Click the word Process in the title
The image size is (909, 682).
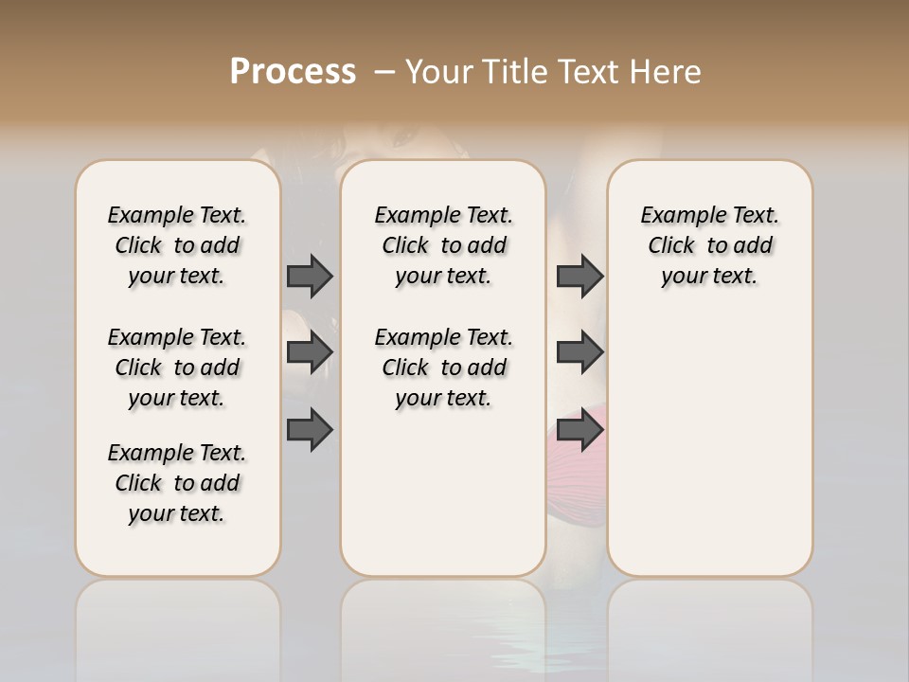[x=293, y=71]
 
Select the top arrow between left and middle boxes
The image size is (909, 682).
[x=310, y=276]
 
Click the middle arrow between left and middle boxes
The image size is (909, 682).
[x=310, y=352]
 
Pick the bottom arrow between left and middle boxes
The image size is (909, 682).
[x=310, y=430]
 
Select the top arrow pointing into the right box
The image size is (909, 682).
[x=579, y=276]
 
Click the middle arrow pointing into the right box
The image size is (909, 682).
[x=579, y=352]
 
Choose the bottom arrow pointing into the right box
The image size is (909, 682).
[x=579, y=430]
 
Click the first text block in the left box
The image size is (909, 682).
[x=177, y=245]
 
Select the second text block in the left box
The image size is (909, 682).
[x=177, y=368]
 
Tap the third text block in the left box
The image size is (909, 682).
[x=177, y=483]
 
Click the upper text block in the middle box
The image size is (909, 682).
[x=444, y=245]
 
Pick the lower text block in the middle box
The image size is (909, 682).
[x=444, y=368]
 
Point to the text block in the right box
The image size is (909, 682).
[x=710, y=245]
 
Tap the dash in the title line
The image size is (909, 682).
[x=383, y=72]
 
